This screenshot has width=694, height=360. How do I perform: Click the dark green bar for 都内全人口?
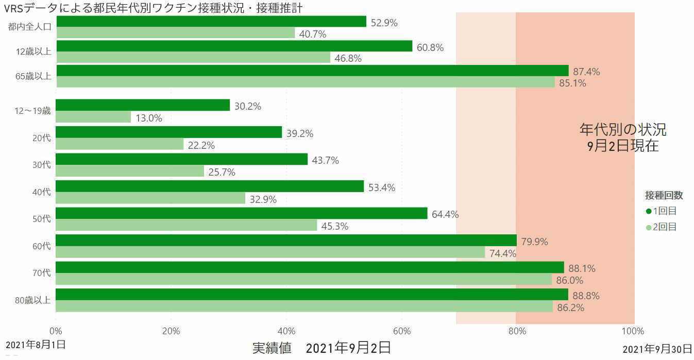click(x=211, y=22)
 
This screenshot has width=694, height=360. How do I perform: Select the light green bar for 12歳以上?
click(x=193, y=58)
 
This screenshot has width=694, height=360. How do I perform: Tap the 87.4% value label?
click(x=586, y=72)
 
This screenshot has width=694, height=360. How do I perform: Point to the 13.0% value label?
click(x=149, y=118)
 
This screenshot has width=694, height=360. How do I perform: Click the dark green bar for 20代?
click(x=168, y=132)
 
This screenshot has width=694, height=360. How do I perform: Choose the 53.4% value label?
click(x=382, y=187)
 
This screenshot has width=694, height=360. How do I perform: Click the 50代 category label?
click(x=42, y=219)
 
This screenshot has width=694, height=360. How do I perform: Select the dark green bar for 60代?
click(x=286, y=241)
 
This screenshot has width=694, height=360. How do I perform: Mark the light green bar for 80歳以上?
click(x=304, y=306)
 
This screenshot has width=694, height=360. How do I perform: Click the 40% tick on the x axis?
click(x=286, y=331)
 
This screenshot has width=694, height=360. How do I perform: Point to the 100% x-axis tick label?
click(x=633, y=331)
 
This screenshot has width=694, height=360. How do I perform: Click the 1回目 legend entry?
click(x=662, y=211)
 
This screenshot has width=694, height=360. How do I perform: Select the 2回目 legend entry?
click(x=662, y=227)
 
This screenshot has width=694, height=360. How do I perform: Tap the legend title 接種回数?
click(x=664, y=195)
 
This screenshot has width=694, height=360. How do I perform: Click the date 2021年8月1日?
click(x=36, y=345)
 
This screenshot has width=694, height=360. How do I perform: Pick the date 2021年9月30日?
click(x=657, y=349)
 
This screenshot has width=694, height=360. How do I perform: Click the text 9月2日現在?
click(x=623, y=146)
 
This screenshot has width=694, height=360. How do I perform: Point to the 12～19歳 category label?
click(x=32, y=111)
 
